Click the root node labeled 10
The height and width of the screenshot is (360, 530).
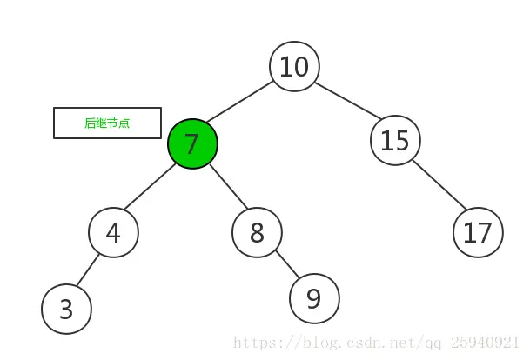click(x=294, y=66)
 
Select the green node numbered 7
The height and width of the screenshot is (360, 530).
click(x=192, y=143)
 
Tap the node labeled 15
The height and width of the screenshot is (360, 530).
click(x=395, y=140)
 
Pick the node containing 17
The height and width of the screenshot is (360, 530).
click(x=478, y=232)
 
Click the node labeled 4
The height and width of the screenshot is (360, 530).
click(x=113, y=232)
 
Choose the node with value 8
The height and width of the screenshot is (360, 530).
click(x=257, y=232)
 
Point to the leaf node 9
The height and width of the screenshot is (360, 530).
click(x=314, y=298)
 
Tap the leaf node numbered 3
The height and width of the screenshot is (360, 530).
click(x=67, y=309)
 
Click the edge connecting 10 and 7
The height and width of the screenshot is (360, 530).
click(x=239, y=102)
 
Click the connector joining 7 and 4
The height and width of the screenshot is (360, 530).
click(x=150, y=186)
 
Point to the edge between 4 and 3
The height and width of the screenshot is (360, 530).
click(x=88, y=270)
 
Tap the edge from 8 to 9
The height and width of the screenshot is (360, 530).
click(x=287, y=264)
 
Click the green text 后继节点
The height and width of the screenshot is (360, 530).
click(x=107, y=123)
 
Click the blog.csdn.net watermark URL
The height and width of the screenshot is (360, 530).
click(x=376, y=343)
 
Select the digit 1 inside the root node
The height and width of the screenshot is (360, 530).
click(x=285, y=67)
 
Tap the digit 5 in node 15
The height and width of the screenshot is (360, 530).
click(x=401, y=141)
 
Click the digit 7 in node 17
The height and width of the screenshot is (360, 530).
click(x=485, y=233)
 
